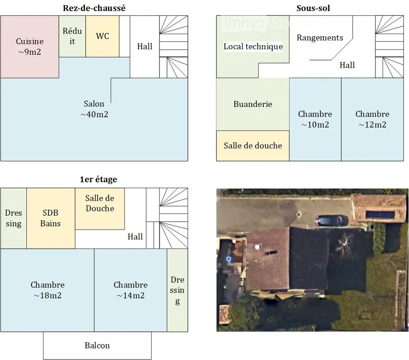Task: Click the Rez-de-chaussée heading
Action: [94, 8]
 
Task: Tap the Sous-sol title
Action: [313, 8]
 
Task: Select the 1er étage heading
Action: [98, 179]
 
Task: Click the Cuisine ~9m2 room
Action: [30, 47]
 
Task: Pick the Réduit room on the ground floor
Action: [72, 36]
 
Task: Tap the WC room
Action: [103, 36]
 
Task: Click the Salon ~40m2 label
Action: [94, 109]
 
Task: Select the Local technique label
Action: [253, 46]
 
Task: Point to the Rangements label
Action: [320, 37]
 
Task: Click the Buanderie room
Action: [253, 104]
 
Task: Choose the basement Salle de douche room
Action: [253, 146]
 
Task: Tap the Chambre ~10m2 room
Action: [315, 119]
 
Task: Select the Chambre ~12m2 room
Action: [372, 119]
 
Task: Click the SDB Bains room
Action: [51, 218]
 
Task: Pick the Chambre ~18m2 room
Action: [47, 290]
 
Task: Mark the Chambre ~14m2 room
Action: [130, 290]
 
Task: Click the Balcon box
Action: [97, 346]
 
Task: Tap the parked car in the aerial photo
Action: [331, 221]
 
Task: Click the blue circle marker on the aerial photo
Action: [229, 259]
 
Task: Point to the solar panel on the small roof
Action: [380, 215]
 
